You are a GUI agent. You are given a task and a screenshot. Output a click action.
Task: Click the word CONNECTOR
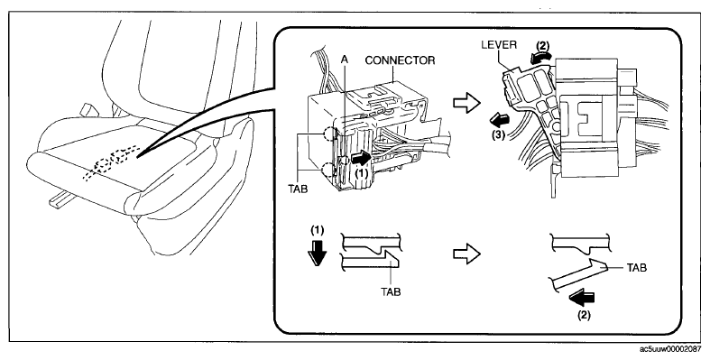[400, 60]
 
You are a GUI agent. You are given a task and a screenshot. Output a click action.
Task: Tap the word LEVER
[499, 45]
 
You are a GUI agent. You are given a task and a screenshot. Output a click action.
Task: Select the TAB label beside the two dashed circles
[298, 189]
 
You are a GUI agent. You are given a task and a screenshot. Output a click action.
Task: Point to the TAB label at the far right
[637, 268]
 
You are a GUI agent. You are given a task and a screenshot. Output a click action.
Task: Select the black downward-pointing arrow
[316, 252]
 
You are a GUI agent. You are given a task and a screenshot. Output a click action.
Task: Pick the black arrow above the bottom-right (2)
[582, 299]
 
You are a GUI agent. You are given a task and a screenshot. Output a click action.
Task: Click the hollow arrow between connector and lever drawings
[466, 103]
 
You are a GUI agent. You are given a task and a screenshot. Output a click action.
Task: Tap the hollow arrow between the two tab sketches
[466, 254]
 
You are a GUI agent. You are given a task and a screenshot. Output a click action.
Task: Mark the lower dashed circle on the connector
[329, 171]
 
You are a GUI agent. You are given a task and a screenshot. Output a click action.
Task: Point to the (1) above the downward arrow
[317, 230]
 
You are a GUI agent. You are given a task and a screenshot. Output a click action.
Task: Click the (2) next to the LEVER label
[543, 46]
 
